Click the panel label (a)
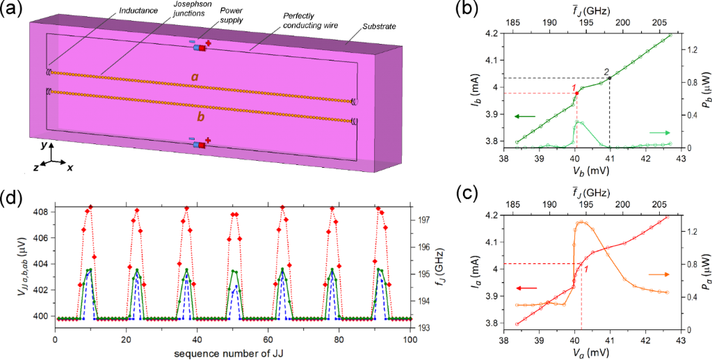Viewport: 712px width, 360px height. click(x=15, y=10)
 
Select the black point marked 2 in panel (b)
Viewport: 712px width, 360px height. click(x=610, y=78)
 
